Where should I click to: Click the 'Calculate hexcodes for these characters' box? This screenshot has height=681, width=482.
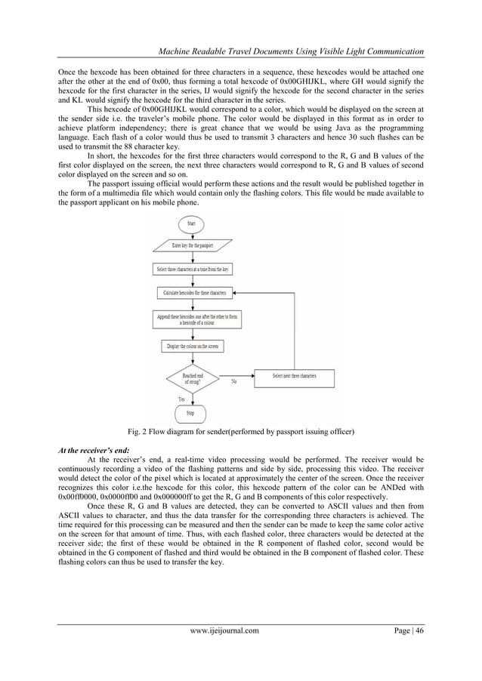pos(195,291)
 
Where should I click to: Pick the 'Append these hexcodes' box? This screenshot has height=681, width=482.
pos(195,319)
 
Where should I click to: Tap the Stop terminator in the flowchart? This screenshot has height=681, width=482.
pos(190,414)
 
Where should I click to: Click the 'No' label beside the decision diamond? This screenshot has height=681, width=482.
pos(235,381)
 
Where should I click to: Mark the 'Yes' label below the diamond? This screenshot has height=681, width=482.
pos(181,398)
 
